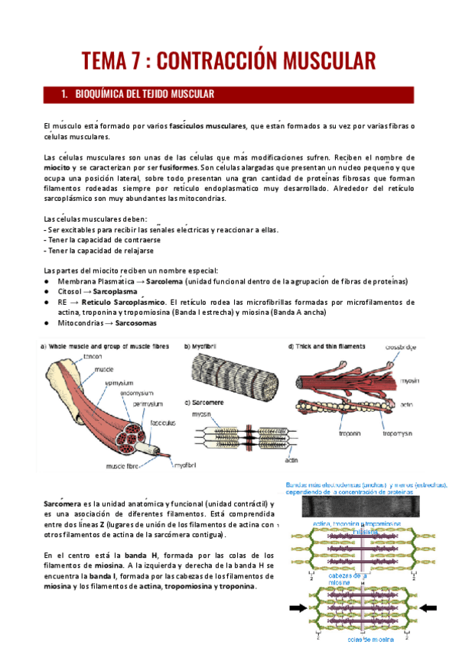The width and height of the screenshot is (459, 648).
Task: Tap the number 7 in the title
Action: pyautogui.click(x=133, y=60)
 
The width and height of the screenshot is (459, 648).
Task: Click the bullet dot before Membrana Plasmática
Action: pyautogui.click(x=47, y=280)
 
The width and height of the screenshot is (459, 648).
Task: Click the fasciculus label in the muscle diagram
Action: pyautogui.click(x=162, y=422)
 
